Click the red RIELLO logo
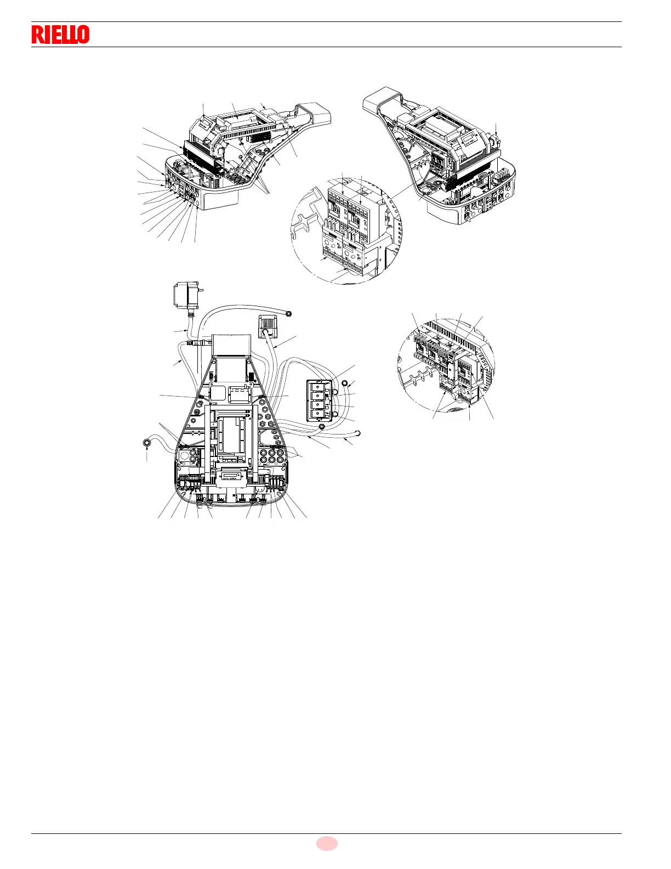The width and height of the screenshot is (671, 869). [60, 35]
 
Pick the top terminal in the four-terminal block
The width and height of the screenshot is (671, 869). [318, 385]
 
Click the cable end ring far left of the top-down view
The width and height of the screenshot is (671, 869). [147, 443]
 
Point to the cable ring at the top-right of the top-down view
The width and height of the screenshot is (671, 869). [289, 313]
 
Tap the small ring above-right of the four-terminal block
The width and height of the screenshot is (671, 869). [344, 383]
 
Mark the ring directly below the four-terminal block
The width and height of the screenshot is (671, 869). [321, 427]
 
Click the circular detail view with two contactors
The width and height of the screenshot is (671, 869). [346, 228]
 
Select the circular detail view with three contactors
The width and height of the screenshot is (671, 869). [446, 363]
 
